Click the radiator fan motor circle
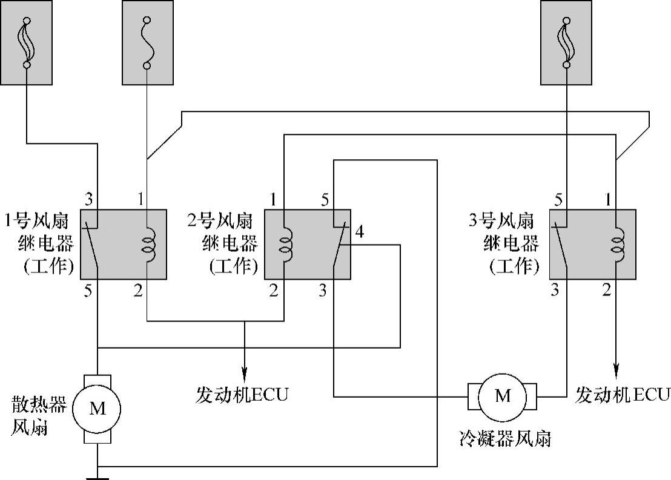coord(97,408)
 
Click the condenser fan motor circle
coord(503,396)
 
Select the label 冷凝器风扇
coord(505,439)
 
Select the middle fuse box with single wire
coord(147,42)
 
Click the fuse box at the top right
coord(566,42)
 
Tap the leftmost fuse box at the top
coord(26,42)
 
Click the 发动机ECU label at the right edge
coord(622,395)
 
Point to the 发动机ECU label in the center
coord(242,395)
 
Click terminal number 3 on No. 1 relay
coord(88,199)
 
